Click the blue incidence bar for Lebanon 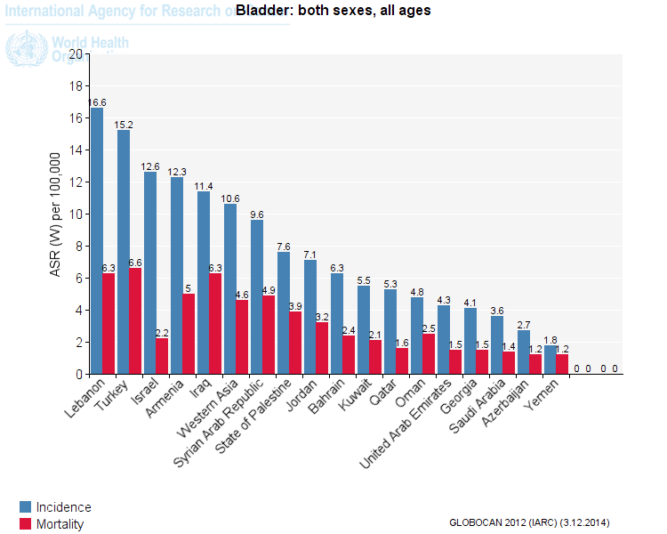(x=97, y=240)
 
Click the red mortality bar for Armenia (x=189, y=334)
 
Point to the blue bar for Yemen (x=550, y=360)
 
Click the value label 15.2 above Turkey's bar (x=124, y=125)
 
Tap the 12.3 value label (x=177, y=171)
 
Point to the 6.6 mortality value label (x=136, y=263)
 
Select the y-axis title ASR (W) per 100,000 (x=54, y=214)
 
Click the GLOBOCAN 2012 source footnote (x=529, y=522)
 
